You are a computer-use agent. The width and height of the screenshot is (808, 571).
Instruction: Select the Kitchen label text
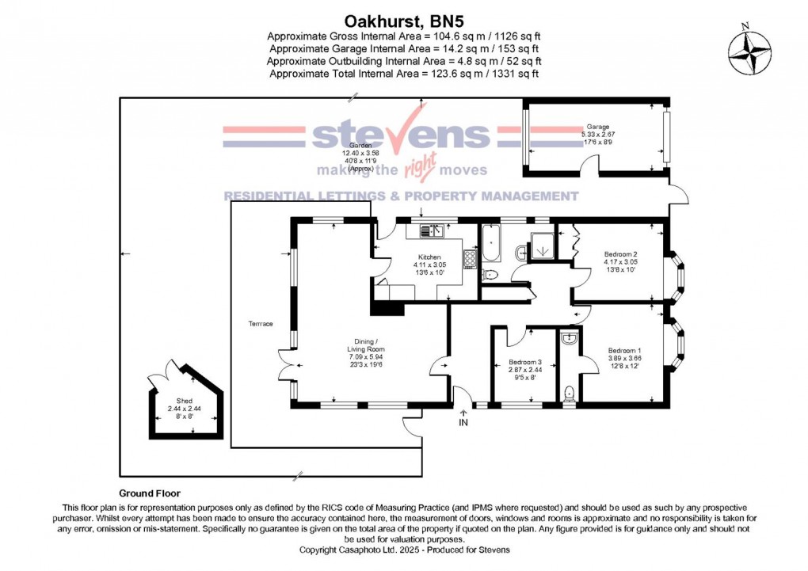point(429,257)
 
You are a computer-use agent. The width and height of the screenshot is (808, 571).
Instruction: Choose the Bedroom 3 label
point(525,364)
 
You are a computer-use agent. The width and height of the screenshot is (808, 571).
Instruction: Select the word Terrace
point(261,324)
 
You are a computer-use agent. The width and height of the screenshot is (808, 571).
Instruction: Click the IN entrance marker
point(464,422)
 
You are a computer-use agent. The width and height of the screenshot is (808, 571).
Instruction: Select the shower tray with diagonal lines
point(543,246)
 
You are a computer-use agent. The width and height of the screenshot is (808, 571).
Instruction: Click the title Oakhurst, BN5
point(403,21)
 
